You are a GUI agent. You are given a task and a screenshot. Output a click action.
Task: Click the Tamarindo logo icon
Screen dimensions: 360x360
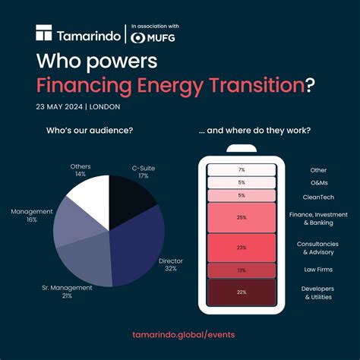pyautogui.click(x=44, y=33)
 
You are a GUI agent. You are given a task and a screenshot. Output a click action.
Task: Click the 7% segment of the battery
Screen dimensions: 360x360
pyautogui.click(x=241, y=170)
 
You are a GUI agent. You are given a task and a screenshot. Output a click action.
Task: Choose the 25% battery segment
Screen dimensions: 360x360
pyautogui.click(x=241, y=218)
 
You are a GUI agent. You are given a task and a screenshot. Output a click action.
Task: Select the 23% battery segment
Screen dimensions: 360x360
pyautogui.click(x=241, y=247)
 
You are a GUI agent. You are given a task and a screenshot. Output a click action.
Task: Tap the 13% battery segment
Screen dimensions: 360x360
pyautogui.click(x=241, y=270)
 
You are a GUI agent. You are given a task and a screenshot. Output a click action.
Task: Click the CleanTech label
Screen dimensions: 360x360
pyautogui.click(x=317, y=195)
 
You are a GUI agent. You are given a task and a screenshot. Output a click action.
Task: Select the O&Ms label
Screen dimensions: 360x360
pyautogui.click(x=317, y=182)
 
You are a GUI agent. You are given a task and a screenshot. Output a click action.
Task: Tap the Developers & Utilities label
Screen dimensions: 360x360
pyautogui.click(x=317, y=293)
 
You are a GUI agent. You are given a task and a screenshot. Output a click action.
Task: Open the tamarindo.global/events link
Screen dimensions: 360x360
pyautogui.click(x=180, y=334)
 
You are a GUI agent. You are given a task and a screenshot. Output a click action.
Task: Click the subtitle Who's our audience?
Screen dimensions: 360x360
pyautogui.click(x=90, y=131)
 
